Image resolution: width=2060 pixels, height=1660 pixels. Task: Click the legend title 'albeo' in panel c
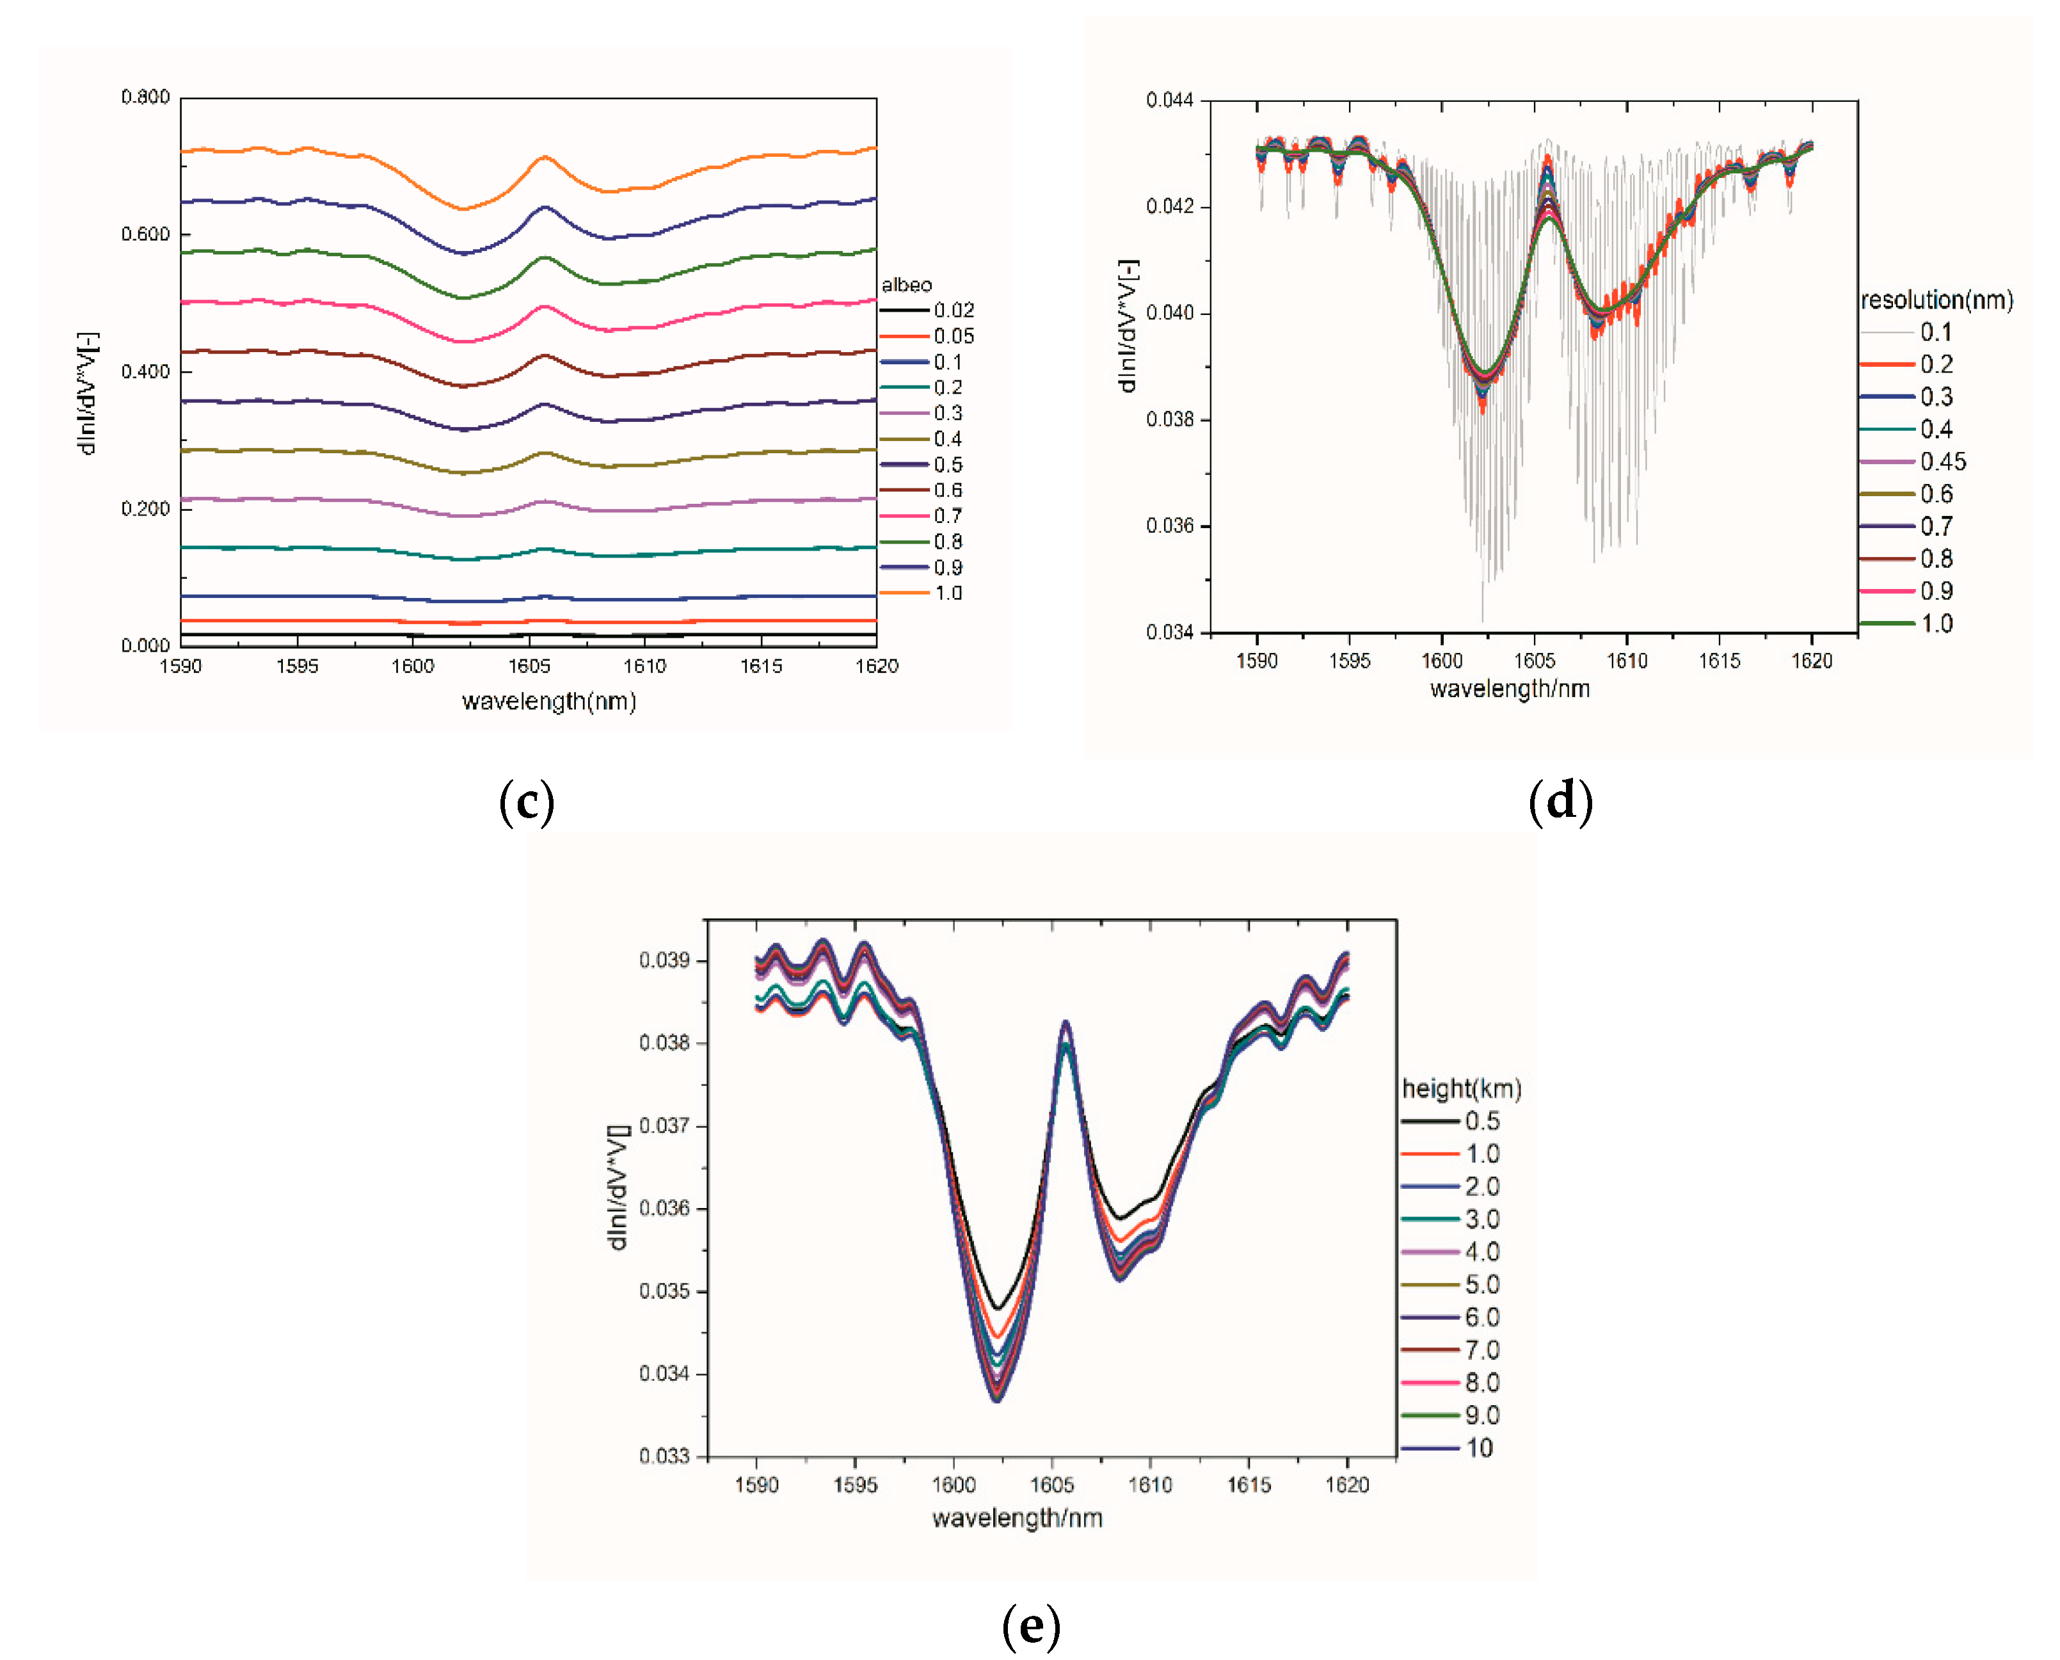coord(906,285)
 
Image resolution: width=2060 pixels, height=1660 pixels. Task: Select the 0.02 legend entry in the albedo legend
coord(953,310)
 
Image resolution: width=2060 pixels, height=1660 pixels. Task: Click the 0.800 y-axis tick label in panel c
coord(145,97)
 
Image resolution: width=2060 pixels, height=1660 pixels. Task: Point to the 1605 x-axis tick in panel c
coord(529,666)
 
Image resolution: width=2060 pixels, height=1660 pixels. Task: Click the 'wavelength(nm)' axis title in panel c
coord(548,701)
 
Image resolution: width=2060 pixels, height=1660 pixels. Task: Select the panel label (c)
coord(527,802)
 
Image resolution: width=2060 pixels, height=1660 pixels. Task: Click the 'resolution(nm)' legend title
coord(1936,300)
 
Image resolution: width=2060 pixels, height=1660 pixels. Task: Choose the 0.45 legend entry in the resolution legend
coord(1942,462)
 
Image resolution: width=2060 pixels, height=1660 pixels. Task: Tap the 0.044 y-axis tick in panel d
coord(1170,101)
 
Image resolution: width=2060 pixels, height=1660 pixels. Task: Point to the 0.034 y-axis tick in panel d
coord(1170,632)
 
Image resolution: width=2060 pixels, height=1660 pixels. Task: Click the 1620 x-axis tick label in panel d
coord(1812,661)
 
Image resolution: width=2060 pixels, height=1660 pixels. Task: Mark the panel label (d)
coord(1560,802)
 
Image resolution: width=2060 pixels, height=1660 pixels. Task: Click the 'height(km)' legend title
coord(1460,1088)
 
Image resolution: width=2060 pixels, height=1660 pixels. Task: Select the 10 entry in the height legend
coord(1479,1447)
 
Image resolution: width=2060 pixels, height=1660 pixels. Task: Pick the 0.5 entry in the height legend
coord(1481,1121)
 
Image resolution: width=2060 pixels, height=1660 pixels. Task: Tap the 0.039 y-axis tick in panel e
coord(664,960)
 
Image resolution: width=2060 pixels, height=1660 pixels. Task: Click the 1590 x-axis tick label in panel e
coord(756,1485)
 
